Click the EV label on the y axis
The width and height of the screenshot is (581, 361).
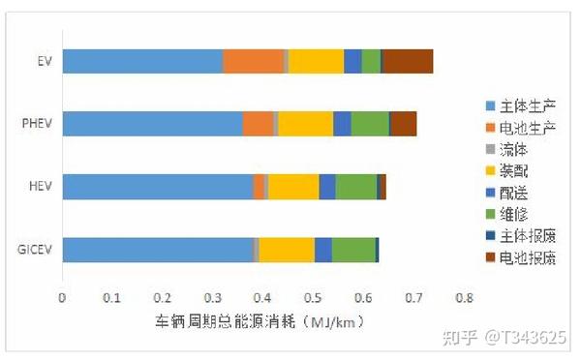pyautogui.click(x=43, y=61)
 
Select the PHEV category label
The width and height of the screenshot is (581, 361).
pyautogui.click(x=37, y=124)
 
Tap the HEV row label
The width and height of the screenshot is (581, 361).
pyautogui.click(x=40, y=186)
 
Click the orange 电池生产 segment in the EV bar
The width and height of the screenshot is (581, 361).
pyautogui.click(x=254, y=61)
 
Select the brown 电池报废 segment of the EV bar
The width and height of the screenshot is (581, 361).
pyautogui.click(x=408, y=61)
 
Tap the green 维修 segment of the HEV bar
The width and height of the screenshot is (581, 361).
pyautogui.click(x=355, y=186)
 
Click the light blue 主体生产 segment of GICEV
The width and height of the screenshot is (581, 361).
pyautogui.click(x=158, y=249)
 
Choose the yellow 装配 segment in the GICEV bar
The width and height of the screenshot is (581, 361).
pyautogui.click(x=287, y=249)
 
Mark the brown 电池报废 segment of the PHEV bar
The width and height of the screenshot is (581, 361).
pyautogui.click(x=404, y=124)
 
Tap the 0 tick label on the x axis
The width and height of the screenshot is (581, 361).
pyautogui.click(x=62, y=296)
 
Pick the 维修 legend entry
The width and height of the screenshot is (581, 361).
pyautogui.click(x=520, y=213)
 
